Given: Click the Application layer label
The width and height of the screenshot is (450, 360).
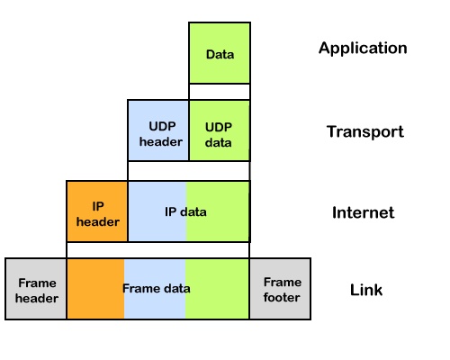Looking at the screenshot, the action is click(x=363, y=49).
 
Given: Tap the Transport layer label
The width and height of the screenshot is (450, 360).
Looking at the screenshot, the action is click(x=365, y=131).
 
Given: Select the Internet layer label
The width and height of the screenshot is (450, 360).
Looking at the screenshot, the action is click(x=364, y=212).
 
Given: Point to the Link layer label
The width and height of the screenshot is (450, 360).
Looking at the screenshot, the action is click(x=366, y=290).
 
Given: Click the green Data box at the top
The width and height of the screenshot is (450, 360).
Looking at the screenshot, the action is click(x=220, y=53).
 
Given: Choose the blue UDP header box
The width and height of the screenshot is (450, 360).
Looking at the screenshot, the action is click(x=158, y=130).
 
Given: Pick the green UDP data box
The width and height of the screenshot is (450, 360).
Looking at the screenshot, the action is click(x=220, y=130).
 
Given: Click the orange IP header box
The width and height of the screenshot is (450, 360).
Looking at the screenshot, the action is click(x=97, y=211).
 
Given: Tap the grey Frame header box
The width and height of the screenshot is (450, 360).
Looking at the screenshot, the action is click(x=36, y=289).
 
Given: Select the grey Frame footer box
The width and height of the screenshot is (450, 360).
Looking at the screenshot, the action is click(x=280, y=289).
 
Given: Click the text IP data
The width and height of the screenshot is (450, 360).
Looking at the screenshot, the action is click(x=185, y=212).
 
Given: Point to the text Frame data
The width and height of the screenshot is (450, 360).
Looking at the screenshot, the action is click(x=157, y=289).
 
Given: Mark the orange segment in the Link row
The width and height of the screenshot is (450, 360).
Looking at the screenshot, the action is click(x=95, y=289).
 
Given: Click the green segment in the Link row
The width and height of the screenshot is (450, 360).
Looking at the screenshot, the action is click(x=217, y=289).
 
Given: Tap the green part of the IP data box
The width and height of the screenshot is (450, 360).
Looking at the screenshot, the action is click(x=218, y=211).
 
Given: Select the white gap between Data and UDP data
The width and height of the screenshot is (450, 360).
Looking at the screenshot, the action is click(x=220, y=92).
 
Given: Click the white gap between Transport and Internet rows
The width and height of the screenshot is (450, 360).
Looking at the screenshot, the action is click(x=189, y=171).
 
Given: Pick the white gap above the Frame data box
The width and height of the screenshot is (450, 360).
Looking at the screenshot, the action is click(x=157, y=250).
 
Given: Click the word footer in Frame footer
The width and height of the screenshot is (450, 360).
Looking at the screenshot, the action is click(x=282, y=298).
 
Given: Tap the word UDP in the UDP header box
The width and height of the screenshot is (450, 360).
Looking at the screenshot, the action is click(x=162, y=126).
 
